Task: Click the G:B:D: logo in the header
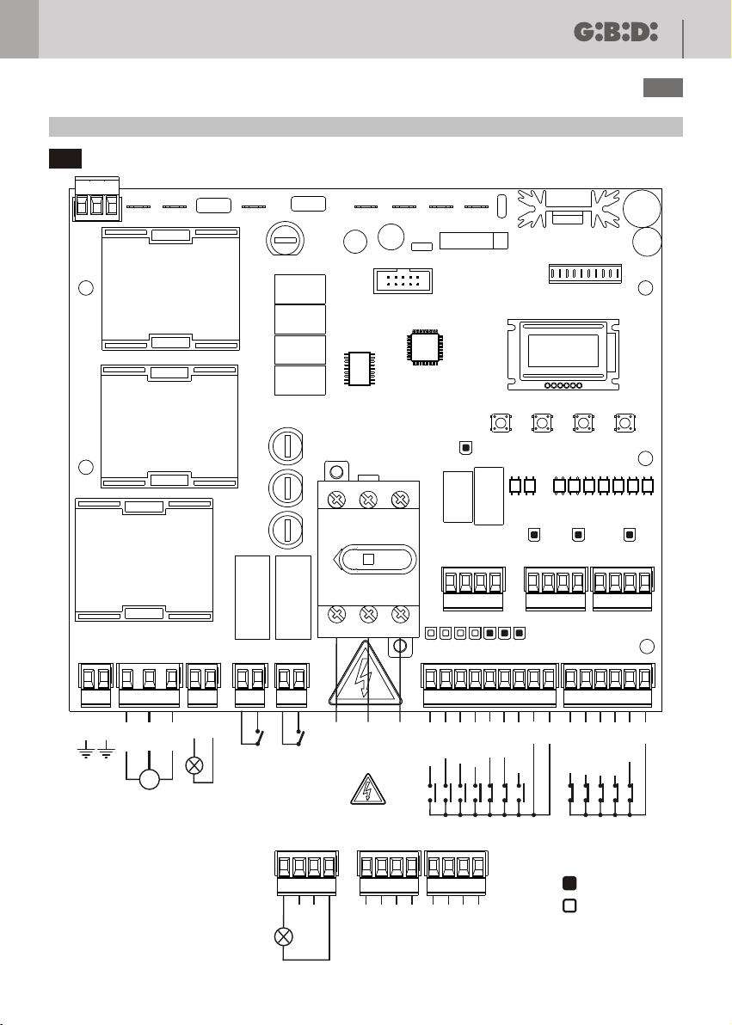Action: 616,32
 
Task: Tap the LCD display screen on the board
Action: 563,350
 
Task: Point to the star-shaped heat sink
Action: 568,209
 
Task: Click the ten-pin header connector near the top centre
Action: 403,281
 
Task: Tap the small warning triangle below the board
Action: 367,789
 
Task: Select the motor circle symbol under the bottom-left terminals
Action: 149,779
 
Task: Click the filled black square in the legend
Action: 569,883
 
